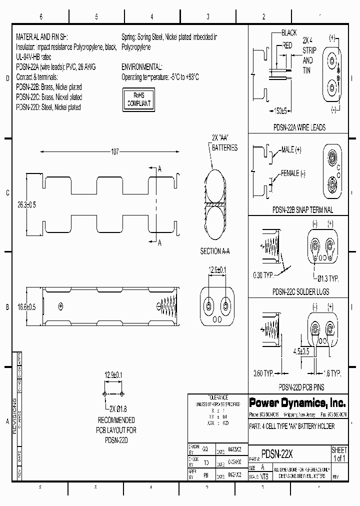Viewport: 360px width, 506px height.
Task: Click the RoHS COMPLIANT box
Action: point(137,99)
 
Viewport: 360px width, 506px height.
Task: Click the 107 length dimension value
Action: point(115,151)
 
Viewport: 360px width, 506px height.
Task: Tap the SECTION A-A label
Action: point(215,251)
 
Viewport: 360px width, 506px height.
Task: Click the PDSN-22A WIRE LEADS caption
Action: point(298,127)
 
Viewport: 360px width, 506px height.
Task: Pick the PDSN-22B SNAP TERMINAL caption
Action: point(298,210)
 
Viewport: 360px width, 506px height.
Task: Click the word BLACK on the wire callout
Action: point(289,32)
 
